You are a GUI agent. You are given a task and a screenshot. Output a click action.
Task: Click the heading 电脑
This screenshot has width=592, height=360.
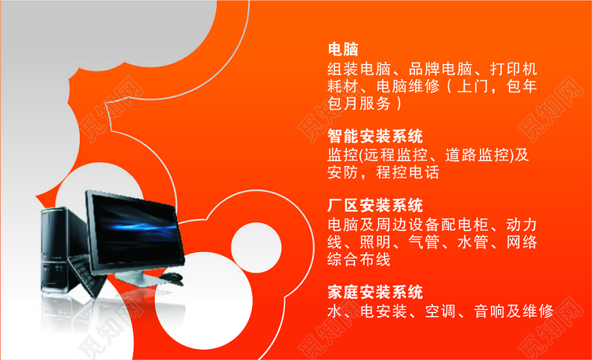click(343, 49)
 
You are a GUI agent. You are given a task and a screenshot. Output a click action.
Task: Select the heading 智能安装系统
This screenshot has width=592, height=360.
click(375, 136)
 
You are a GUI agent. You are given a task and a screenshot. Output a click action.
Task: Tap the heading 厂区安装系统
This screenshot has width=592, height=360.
click(375, 206)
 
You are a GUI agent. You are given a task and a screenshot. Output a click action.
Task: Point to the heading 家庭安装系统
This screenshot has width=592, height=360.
click(375, 293)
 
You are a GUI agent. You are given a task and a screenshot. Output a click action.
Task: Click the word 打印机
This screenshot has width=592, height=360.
click(514, 69)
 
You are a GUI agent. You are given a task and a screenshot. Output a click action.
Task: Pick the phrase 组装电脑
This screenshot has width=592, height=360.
click(359, 69)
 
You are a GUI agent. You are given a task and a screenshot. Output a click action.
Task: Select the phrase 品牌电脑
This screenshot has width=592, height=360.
click(441, 69)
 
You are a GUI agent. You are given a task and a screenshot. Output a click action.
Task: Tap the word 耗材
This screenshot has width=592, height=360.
click(343, 87)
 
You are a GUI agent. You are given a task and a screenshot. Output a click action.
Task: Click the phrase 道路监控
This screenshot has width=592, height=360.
click(477, 155)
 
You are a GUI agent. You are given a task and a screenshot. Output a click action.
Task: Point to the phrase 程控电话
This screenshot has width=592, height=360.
click(408, 173)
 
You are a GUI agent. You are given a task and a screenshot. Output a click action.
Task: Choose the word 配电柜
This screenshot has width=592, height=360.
click(465, 225)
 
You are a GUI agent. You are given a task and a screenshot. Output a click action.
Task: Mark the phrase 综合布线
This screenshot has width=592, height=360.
click(359, 260)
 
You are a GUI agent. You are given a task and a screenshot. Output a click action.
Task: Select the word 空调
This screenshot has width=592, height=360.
click(441, 312)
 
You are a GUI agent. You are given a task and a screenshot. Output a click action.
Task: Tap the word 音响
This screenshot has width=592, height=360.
click(489, 312)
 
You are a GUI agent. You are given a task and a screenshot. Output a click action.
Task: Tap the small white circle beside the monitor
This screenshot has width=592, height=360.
click(256, 248)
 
